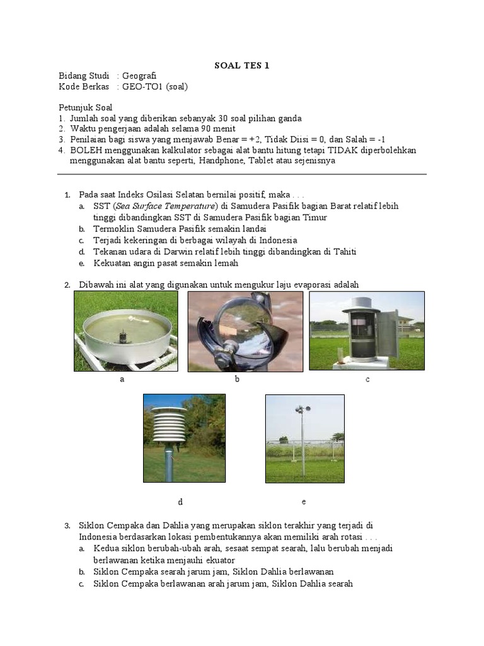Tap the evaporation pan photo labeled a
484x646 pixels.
(x=126, y=331)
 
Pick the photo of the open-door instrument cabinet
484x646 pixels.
(x=367, y=331)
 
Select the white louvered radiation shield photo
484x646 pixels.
(x=184, y=438)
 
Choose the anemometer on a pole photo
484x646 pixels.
(x=304, y=438)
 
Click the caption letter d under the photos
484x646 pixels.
(x=180, y=502)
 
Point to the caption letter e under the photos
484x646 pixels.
(x=304, y=502)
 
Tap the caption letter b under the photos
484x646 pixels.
(x=237, y=379)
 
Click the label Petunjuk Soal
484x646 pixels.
(x=85, y=107)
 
